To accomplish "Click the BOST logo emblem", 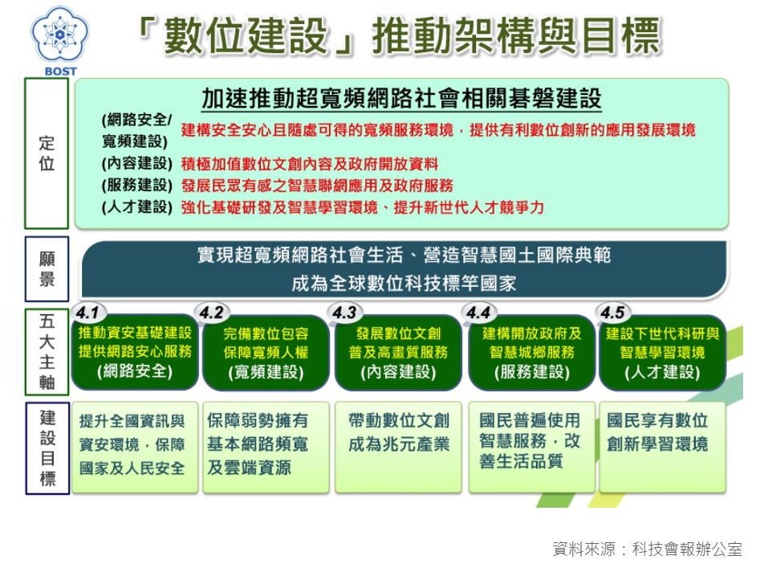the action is pyautogui.click(x=59, y=35).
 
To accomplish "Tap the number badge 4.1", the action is pyautogui.click(x=88, y=313).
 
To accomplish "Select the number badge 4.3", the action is pyautogui.click(x=345, y=313).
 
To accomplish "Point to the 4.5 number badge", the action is pyautogui.click(x=613, y=313).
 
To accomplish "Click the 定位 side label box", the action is pyautogui.click(x=47, y=153).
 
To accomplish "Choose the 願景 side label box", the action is pyautogui.click(x=47, y=269).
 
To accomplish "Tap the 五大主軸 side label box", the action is pyautogui.click(x=47, y=351).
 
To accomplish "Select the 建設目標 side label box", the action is pyautogui.click(x=47, y=448).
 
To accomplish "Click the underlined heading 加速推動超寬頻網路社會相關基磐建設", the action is pyautogui.click(x=401, y=99).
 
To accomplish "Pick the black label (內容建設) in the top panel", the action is pyautogui.click(x=137, y=163).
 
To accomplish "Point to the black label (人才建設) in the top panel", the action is pyautogui.click(x=137, y=206).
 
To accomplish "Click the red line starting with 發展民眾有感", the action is pyautogui.click(x=317, y=186).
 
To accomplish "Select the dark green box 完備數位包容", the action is pyautogui.click(x=266, y=353).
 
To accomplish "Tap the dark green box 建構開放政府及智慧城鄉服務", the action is pyautogui.click(x=532, y=353).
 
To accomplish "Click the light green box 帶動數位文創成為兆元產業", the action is pyautogui.click(x=398, y=447).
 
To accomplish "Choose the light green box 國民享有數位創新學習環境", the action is pyautogui.click(x=662, y=447).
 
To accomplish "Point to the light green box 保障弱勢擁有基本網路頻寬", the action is pyautogui.click(x=266, y=447).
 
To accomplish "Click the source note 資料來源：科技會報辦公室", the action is pyautogui.click(x=647, y=549).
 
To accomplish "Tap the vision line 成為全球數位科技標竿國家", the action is pyautogui.click(x=404, y=284).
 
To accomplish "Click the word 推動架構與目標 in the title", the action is pyautogui.click(x=516, y=35).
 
